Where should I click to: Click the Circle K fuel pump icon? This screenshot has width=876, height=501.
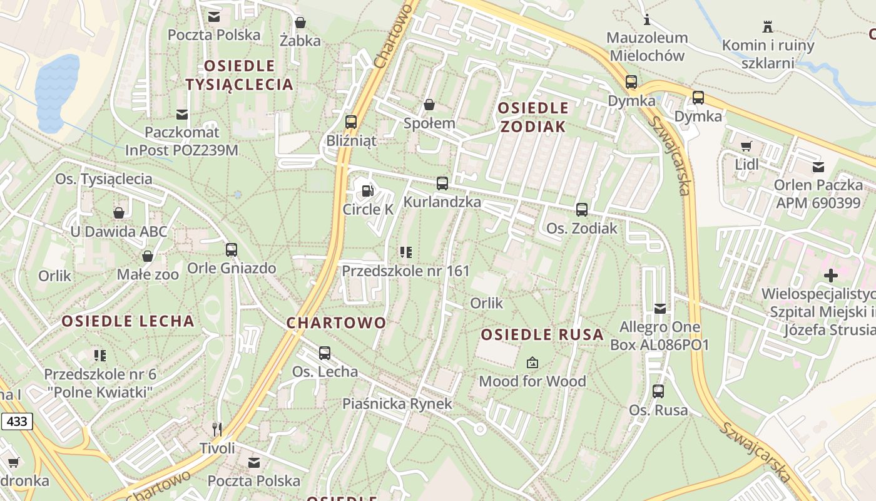[x=368, y=190]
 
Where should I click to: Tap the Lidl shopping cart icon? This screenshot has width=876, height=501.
[x=746, y=146]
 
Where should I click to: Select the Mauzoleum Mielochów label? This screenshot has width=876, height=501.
[x=647, y=46]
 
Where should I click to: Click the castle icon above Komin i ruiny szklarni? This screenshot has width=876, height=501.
[x=768, y=26]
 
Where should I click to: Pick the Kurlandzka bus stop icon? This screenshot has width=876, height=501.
[x=442, y=183]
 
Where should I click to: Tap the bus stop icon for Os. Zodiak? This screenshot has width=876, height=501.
[x=582, y=210]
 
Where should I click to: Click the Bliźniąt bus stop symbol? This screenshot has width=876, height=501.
[x=351, y=121]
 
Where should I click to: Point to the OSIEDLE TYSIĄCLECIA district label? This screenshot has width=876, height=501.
[x=240, y=75]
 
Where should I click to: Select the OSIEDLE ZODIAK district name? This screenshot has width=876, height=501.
[x=533, y=117]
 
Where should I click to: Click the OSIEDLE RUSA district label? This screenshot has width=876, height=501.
[x=542, y=334]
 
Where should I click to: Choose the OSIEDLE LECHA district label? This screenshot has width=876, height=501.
[x=128, y=321]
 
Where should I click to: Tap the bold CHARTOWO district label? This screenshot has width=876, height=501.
[x=336, y=323]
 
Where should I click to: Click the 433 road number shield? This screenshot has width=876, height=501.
[x=16, y=421]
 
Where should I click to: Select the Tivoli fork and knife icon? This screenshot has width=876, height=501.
[x=217, y=429]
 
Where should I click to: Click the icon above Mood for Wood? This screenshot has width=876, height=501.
[x=532, y=362]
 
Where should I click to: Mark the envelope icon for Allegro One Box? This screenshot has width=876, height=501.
[x=660, y=308]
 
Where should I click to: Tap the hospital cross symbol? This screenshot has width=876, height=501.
[x=830, y=276]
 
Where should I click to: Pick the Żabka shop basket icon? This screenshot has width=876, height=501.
[x=300, y=23]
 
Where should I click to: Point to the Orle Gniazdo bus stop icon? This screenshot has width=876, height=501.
[x=232, y=250]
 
